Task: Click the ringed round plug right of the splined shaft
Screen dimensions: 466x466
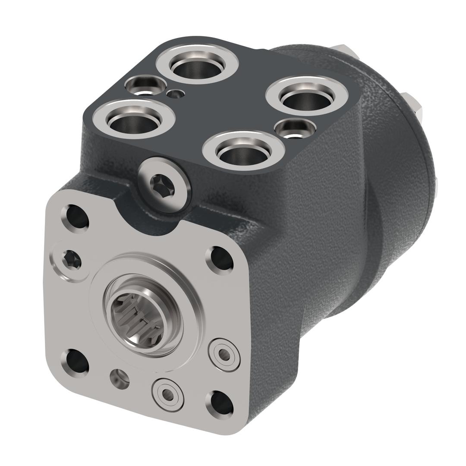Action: tap(224, 354)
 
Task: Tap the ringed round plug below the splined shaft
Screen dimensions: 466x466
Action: tap(167, 394)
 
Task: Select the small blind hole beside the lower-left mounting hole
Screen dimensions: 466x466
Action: tap(119, 378)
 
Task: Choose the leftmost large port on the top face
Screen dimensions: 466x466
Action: tap(134, 119)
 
